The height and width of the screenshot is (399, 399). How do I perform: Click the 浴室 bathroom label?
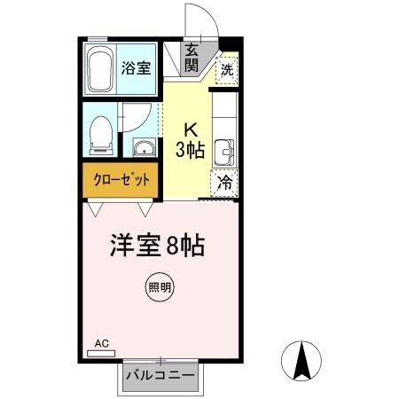click(x=137, y=67)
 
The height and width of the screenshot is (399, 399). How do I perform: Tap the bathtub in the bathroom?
click(x=99, y=69)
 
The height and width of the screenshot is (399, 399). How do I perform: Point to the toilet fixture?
click(x=101, y=134)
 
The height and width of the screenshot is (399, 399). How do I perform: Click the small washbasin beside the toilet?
click(x=142, y=147)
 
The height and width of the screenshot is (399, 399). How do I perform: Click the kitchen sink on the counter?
click(x=225, y=151)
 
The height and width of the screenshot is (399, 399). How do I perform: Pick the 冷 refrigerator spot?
click(x=225, y=183)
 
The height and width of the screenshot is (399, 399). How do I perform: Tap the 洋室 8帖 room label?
click(x=158, y=245)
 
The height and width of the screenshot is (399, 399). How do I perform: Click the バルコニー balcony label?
click(x=160, y=375)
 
